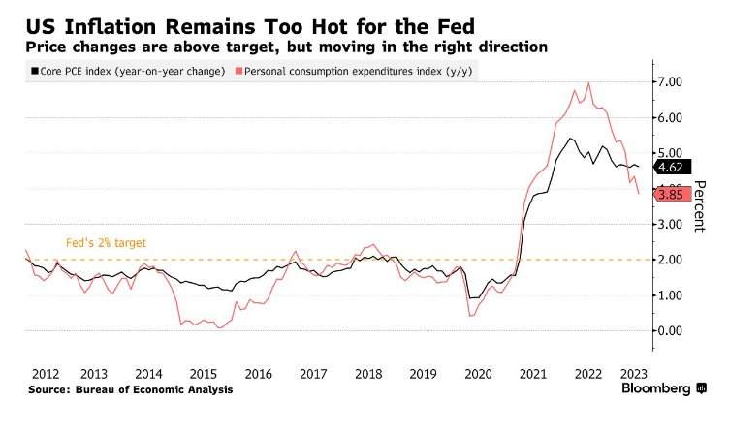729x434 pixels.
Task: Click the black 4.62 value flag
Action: click(672, 167)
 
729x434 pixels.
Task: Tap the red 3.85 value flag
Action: click(672, 194)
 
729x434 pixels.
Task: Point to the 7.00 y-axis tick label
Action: click(670, 81)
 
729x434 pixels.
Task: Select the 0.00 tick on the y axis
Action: click(670, 331)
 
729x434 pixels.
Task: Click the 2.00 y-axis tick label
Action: click(670, 260)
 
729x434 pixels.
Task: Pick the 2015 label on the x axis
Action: click(204, 374)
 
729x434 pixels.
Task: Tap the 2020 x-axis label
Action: click(478, 374)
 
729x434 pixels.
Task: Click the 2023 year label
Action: click(634, 374)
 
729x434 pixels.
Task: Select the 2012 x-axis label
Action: click(46, 374)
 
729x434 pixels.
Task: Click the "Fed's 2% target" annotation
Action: click(106, 243)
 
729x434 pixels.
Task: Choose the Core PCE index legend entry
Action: click(128, 71)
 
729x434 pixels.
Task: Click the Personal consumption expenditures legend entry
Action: click(354, 71)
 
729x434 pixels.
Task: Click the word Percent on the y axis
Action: click(699, 205)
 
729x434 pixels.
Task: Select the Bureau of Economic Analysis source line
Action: click(131, 389)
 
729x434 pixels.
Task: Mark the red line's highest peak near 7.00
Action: click(589, 83)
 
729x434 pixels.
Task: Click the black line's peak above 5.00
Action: click(570, 138)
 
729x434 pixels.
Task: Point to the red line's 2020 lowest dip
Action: click(470, 316)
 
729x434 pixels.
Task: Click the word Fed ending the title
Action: click(457, 27)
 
